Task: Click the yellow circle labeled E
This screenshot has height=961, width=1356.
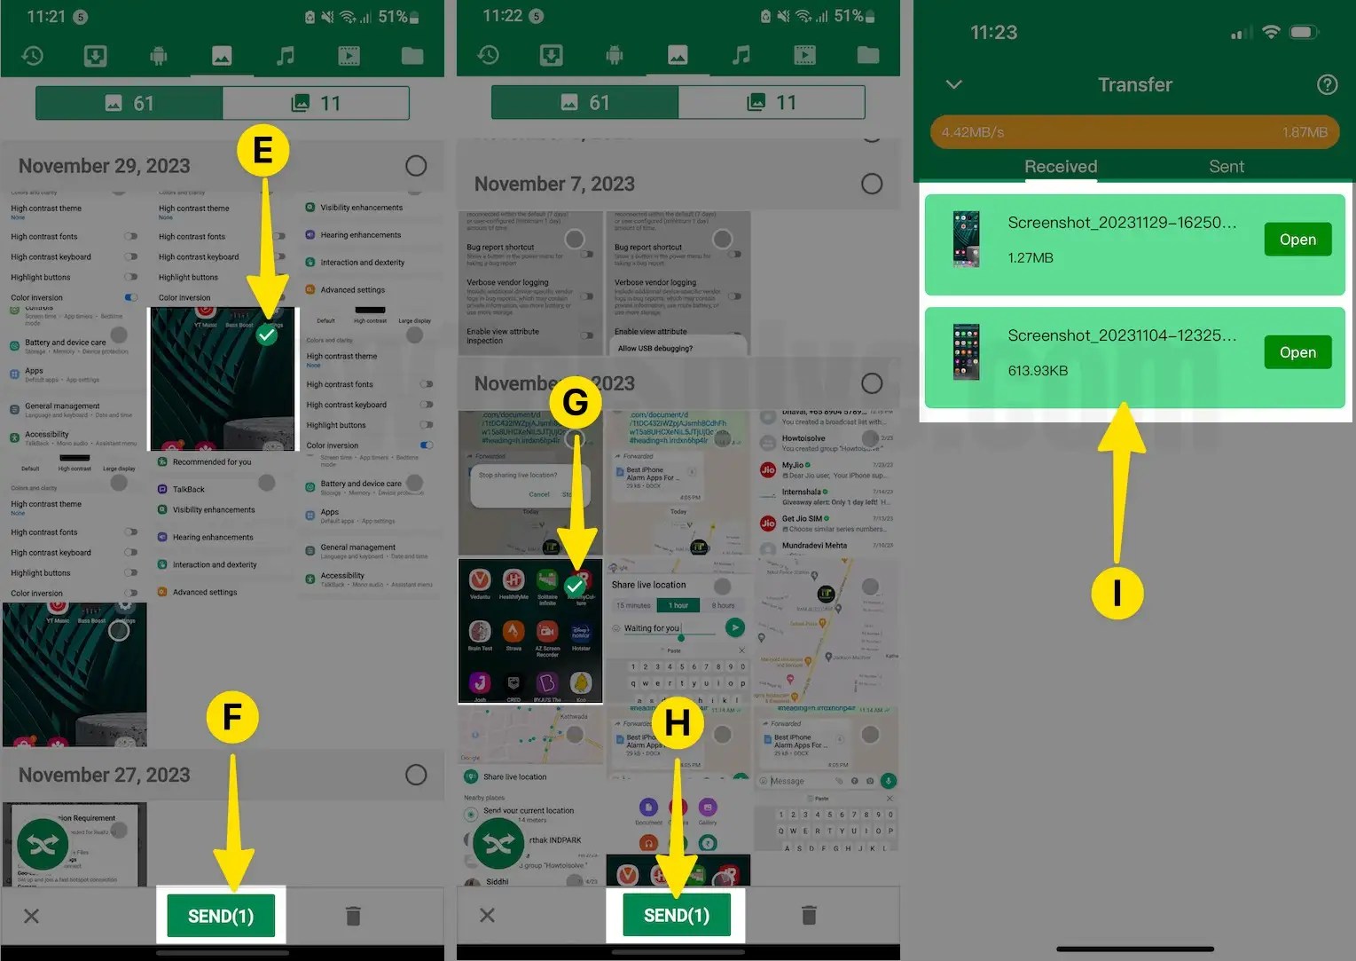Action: click(x=263, y=151)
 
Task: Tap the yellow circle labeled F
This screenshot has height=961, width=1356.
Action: click(x=232, y=718)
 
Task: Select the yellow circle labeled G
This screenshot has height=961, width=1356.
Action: click(x=576, y=402)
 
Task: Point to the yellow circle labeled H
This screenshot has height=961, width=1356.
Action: click(x=678, y=723)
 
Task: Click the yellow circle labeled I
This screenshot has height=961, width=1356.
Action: click(x=1117, y=592)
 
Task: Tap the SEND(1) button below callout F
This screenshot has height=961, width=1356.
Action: click(x=221, y=916)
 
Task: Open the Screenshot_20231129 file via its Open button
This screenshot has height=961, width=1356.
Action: click(x=1297, y=240)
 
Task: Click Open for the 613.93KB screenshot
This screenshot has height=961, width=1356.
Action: click(x=1297, y=352)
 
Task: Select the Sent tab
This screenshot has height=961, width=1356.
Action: click(x=1227, y=167)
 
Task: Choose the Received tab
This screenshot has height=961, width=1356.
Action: click(x=1061, y=167)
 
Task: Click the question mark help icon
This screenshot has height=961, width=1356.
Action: click(x=1327, y=84)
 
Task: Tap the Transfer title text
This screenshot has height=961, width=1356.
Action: click(x=1135, y=84)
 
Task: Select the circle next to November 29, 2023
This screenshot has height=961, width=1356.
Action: click(x=416, y=166)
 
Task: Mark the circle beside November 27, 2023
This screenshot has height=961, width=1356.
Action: click(x=416, y=775)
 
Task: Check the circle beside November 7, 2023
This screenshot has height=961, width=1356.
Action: click(x=872, y=184)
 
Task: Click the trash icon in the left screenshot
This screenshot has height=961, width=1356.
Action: click(x=353, y=916)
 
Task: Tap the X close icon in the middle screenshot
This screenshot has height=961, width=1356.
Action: click(x=487, y=916)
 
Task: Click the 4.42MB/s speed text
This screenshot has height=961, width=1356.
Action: click(x=973, y=132)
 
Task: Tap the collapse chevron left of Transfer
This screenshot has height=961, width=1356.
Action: click(x=954, y=84)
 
